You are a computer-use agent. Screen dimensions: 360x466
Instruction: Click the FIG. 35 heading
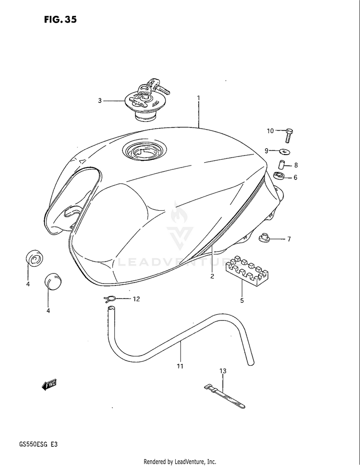point(60,20)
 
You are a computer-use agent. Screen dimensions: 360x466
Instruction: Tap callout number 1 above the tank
point(198,98)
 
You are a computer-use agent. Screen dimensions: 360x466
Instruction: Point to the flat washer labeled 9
point(285,152)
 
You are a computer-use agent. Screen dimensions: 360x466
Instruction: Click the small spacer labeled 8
point(283,165)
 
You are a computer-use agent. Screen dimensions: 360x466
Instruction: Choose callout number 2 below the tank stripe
point(211,276)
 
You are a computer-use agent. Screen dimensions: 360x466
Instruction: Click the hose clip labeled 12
point(110,299)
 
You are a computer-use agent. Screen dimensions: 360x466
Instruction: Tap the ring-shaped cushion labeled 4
point(34,260)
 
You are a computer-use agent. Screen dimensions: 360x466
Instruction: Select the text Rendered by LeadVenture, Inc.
point(180,461)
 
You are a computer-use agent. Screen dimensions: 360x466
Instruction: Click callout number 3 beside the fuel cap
point(100,101)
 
